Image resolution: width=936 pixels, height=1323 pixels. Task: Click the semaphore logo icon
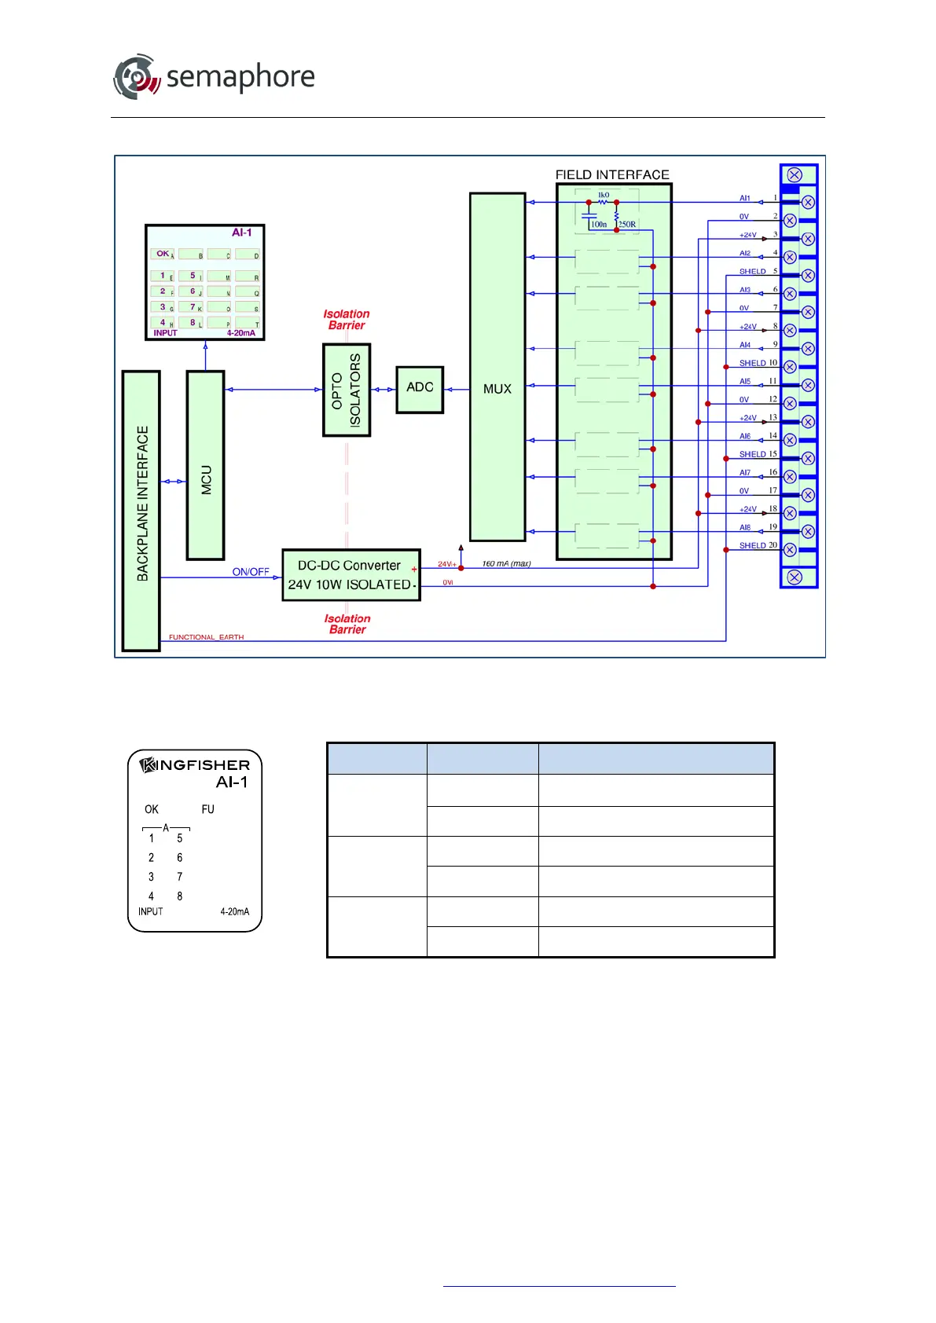pyautogui.click(x=137, y=76)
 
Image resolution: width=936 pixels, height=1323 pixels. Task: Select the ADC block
pyautogui.click(x=420, y=388)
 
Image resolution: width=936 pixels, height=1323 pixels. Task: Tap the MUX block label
pyautogui.click(x=497, y=389)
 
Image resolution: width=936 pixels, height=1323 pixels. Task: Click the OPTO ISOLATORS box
pyautogui.click(x=347, y=390)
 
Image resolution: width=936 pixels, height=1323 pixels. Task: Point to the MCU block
pyautogui.click(x=205, y=465)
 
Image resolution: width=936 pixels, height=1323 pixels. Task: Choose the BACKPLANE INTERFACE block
pyautogui.click(x=141, y=510)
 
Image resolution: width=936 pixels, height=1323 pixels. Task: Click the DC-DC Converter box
pyautogui.click(x=351, y=575)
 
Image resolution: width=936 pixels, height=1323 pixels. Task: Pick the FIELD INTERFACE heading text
pyautogui.click(x=612, y=174)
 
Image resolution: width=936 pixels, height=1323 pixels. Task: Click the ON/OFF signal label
pyautogui.click(x=251, y=572)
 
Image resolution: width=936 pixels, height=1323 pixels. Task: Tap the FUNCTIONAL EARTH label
pyautogui.click(x=206, y=637)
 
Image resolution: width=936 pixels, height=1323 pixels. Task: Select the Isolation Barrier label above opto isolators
pyautogui.click(x=347, y=320)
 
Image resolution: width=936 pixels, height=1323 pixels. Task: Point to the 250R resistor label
pyautogui.click(x=627, y=225)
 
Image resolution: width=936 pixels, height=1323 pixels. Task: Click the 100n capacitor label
pyautogui.click(x=599, y=225)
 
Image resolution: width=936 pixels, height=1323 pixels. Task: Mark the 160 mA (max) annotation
pyautogui.click(x=506, y=563)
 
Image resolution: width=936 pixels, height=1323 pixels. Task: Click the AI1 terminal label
pyautogui.click(x=744, y=198)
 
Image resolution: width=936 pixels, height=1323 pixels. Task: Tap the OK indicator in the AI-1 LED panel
pyautogui.click(x=163, y=254)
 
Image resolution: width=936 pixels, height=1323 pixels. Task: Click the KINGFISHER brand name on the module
pyautogui.click(x=195, y=764)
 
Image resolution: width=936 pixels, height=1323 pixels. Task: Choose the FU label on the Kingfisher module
pyautogui.click(x=207, y=809)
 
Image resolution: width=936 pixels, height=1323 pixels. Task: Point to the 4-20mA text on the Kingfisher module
pyautogui.click(x=234, y=911)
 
